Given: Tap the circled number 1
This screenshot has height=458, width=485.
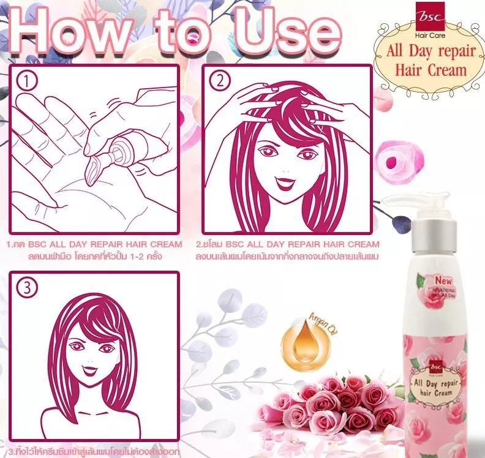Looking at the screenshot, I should tap(26, 80).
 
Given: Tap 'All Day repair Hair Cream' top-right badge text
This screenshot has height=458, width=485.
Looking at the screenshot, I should tap(426, 59).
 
